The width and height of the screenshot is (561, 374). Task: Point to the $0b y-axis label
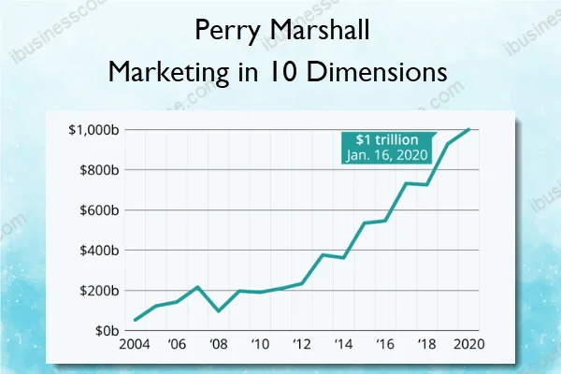tap(106, 331)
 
